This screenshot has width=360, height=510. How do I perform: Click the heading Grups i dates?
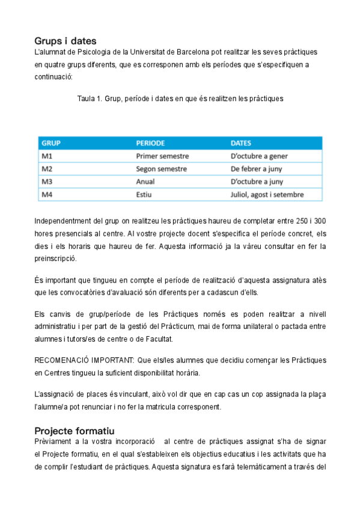(66, 41)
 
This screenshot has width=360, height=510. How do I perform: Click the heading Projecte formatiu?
(75, 431)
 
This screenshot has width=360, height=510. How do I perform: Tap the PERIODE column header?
(150, 144)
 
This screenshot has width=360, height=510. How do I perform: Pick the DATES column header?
(241, 144)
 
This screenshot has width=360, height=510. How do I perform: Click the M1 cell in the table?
(47, 156)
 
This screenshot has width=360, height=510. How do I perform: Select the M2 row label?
(47, 169)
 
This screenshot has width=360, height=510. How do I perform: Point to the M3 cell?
(47, 182)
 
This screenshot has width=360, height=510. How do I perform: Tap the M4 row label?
(47, 194)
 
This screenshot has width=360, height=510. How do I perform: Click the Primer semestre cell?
(162, 156)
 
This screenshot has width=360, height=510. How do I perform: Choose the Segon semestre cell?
(162, 169)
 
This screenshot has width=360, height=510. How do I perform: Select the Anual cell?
(145, 182)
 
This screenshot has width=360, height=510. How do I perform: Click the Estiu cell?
(144, 194)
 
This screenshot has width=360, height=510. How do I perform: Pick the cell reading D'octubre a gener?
(259, 156)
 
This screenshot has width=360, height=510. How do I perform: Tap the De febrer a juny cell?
(257, 169)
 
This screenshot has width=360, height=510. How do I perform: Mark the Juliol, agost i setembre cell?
(267, 194)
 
